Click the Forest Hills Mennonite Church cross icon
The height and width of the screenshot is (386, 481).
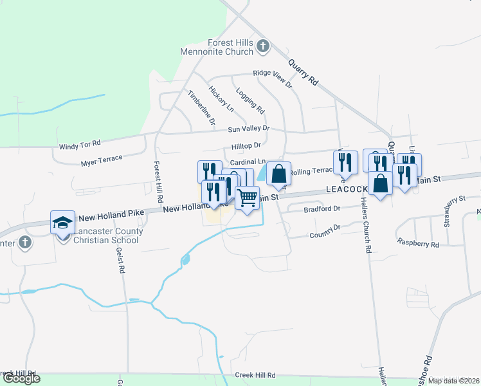[x=262, y=46]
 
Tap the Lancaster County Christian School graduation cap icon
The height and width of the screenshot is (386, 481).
[x=62, y=223]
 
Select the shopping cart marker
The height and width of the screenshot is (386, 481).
[x=247, y=197]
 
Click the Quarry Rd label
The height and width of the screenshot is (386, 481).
[x=304, y=72]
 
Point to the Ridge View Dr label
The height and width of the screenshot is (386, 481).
[x=272, y=78]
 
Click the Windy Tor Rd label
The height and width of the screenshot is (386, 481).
[x=80, y=145]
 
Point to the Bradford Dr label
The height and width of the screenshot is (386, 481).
[x=322, y=209]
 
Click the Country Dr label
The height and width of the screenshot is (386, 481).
[x=324, y=228]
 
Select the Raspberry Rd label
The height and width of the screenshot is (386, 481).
[x=418, y=244]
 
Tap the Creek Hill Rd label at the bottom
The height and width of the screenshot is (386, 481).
[x=255, y=375]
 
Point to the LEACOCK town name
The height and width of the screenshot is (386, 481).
[x=347, y=190]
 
